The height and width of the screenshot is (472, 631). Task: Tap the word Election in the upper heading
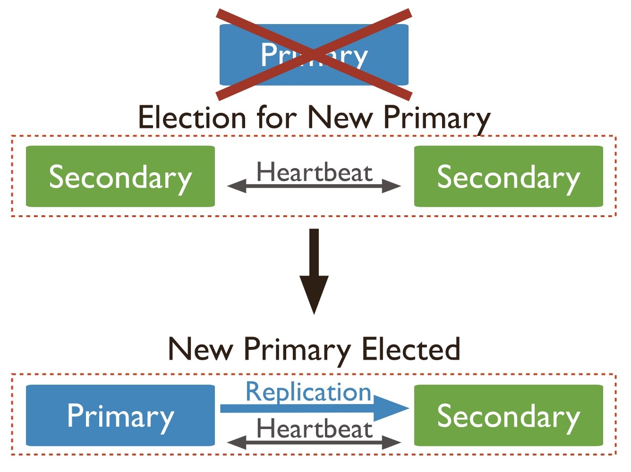[x=192, y=118]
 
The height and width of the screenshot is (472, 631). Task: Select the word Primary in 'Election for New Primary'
[x=436, y=118]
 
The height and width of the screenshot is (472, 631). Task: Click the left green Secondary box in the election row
[x=120, y=177]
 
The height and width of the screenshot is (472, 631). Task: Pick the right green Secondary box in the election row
[x=509, y=177]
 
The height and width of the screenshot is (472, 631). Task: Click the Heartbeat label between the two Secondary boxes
[x=315, y=172]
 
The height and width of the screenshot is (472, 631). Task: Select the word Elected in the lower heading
[x=411, y=350]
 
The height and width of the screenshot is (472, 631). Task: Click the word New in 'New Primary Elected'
[x=200, y=350]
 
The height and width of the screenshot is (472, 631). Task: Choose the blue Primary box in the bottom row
[x=120, y=415]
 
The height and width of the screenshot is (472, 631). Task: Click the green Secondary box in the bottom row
[x=509, y=415]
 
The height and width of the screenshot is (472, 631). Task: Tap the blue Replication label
[x=309, y=392]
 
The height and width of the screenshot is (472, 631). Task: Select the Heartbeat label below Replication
[x=315, y=429]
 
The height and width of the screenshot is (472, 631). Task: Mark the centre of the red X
[x=314, y=55]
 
